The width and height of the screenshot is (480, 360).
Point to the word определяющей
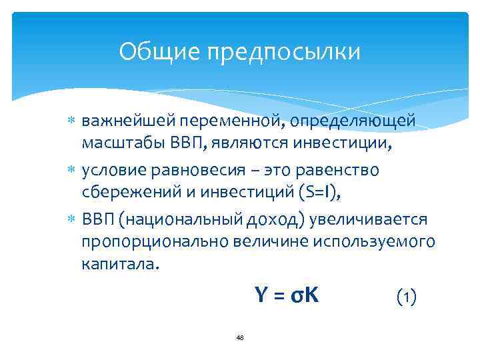tap(359, 121)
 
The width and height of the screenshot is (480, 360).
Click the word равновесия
tap(207, 170)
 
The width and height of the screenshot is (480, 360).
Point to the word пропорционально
tap(154, 241)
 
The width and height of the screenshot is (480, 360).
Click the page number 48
tap(240, 338)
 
